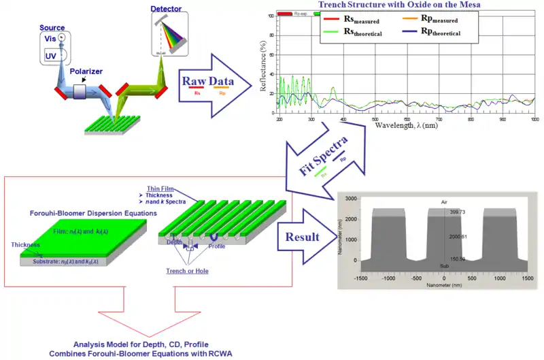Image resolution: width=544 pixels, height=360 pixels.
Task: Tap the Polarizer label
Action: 87,71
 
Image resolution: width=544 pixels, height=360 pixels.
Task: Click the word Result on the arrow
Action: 303,238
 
